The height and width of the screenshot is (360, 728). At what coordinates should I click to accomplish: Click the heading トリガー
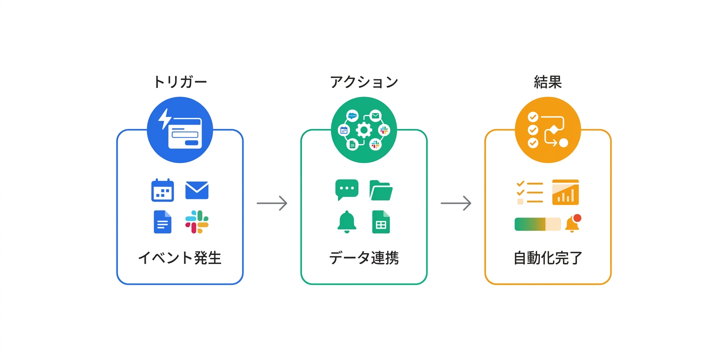point(179,82)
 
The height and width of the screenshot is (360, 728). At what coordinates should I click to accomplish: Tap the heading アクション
point(363,82)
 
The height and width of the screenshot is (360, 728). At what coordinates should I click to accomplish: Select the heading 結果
point(547,82)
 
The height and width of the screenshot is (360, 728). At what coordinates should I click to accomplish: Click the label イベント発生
point(179,258)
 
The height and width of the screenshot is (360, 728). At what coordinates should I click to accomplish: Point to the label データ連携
point(363,258)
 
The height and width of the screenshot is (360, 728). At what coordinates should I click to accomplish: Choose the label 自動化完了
point(547,258)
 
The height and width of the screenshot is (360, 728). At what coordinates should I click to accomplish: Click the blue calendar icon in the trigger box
point(162,190)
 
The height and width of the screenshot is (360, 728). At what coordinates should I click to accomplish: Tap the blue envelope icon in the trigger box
point(196,190)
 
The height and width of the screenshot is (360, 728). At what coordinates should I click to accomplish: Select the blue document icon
point(162,222)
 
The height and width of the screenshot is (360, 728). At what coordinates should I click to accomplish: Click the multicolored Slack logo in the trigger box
point(196,222)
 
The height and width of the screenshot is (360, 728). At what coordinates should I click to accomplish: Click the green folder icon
point(380,190)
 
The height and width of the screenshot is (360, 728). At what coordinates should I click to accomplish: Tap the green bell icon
point(346,222)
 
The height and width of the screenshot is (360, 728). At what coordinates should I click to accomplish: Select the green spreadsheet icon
point(380,222)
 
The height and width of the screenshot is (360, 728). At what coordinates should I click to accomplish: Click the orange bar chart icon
point(565,192)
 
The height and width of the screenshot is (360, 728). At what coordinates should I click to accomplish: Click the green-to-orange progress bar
point(537,224)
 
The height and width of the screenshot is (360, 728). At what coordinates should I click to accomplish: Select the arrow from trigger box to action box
point(272,203)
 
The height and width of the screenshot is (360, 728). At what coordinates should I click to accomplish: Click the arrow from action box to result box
point(456,203)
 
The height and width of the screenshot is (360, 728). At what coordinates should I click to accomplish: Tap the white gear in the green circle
point(363,130)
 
